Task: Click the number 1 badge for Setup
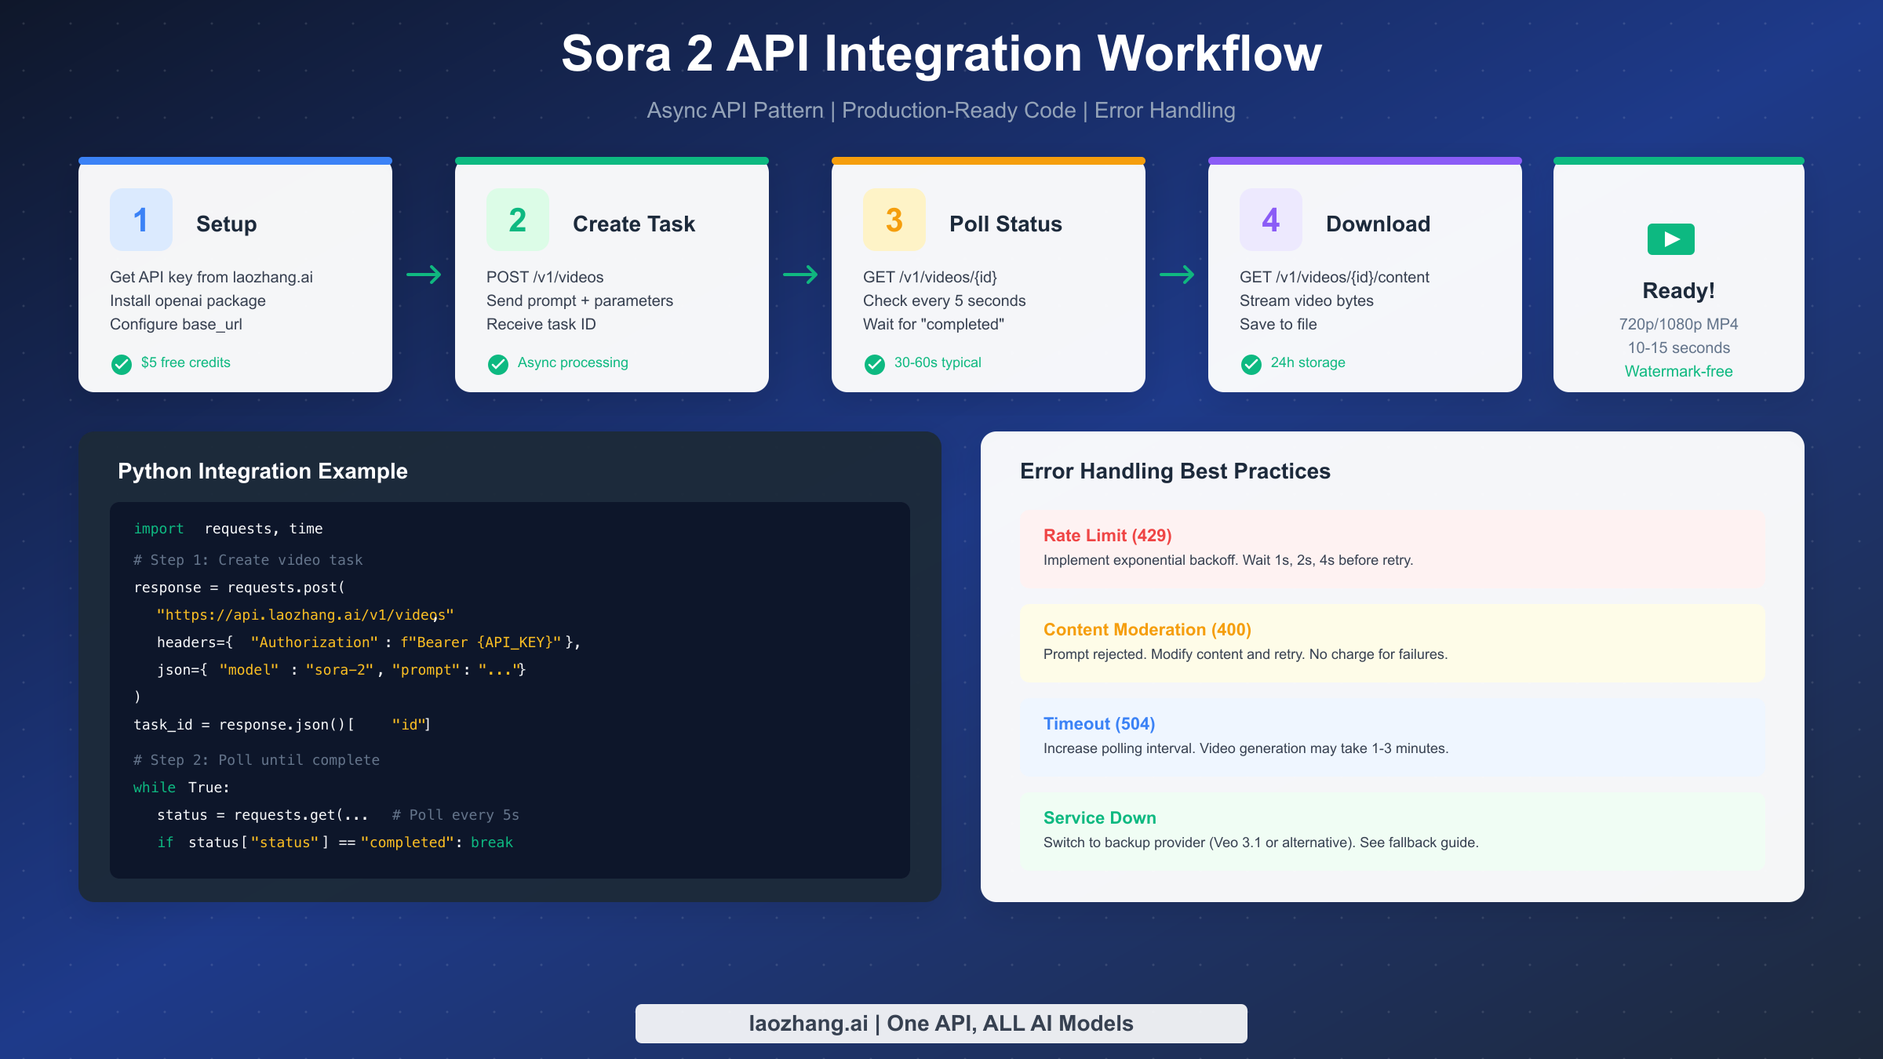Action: pos(141,220)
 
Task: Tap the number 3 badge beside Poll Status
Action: pos(894,220)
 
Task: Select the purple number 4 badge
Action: pos(1271,220)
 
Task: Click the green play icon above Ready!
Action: pos(1671,239)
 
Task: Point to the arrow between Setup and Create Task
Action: pos(424,275)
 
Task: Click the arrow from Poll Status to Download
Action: pos(1177,275)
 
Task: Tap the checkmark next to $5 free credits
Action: pos(122,364)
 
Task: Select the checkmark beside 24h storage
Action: pos(1251,364)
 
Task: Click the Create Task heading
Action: pos(634,224)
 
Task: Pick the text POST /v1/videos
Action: pos(545,277)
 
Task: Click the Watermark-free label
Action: pos(1678,371)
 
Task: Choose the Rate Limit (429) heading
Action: pos(1107,536)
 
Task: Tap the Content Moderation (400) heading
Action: pos(1147,630)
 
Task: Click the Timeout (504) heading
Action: pos(1099,724)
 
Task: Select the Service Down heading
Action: pos(1100,818)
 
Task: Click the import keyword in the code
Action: pos(158,529)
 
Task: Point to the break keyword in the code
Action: pos(492,842)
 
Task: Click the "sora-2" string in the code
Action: pos(340,670)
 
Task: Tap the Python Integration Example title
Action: pos(263,471)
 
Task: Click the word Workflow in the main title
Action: pos(1209,54)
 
